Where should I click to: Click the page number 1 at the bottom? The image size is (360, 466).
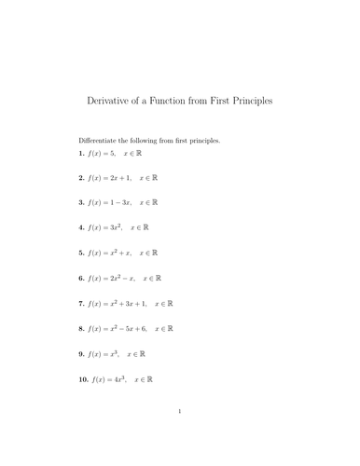(179, 436)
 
